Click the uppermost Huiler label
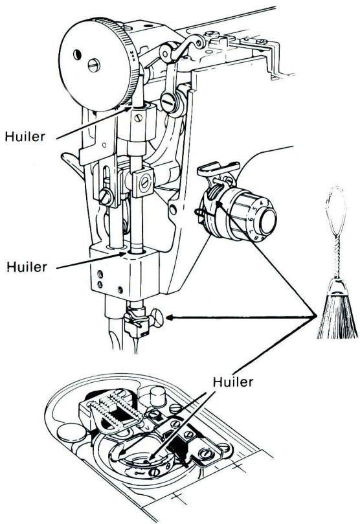point(25,137)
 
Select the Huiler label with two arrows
point(233,382)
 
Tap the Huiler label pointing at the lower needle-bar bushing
point(27,267)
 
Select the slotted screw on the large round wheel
point(94,65)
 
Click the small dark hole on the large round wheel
point(77,54)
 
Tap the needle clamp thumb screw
point(157,319)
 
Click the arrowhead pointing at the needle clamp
point(169,318)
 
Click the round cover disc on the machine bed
point(71,433)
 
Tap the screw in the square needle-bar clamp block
point(144,182)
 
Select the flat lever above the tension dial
point(218,168)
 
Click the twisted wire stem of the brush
point(337,258)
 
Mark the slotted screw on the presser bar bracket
point(106,198)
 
